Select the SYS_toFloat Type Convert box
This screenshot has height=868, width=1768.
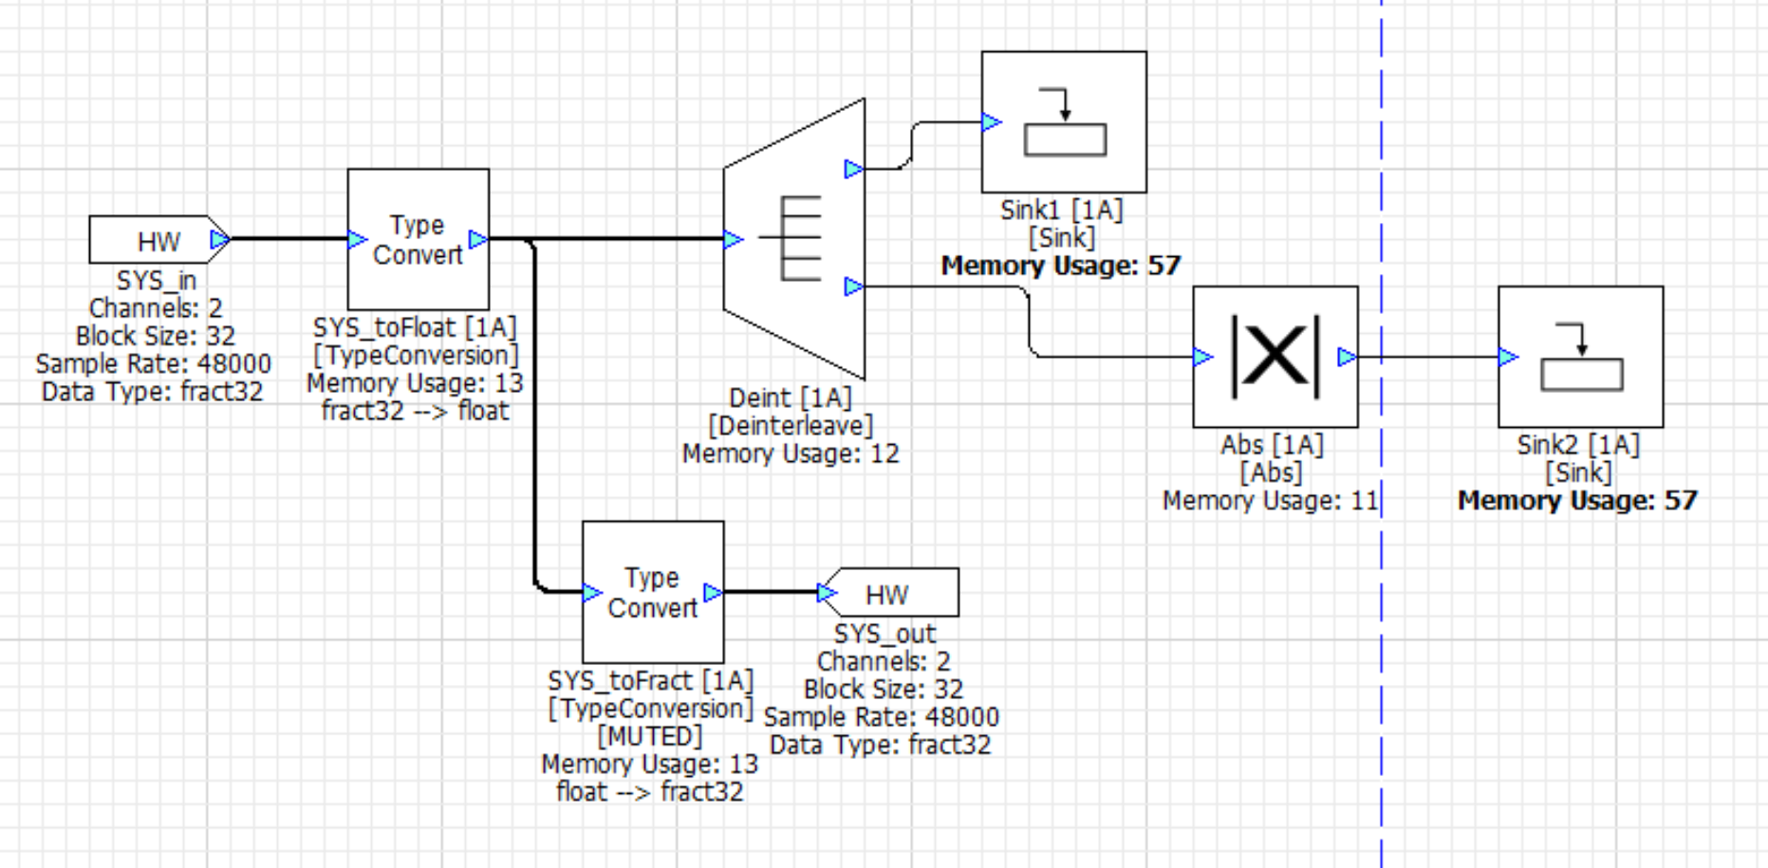coord(418,239)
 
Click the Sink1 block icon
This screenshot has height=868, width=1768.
coord(1064,122)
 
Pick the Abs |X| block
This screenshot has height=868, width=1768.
coord(1275,357)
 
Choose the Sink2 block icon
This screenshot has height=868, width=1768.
coord(1580,357)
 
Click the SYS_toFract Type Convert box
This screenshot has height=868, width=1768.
coord(653,592)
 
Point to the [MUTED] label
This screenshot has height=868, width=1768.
coord(650,736)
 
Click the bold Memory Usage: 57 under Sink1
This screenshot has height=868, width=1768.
coord(1061,266)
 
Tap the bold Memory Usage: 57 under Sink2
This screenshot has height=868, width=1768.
coord(1577,501)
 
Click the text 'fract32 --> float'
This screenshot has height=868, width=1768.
coord(415,411)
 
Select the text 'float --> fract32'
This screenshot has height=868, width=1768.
coord(650,791)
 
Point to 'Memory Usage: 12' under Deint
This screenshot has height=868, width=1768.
coord(791,453)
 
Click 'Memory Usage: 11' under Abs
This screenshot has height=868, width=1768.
coord(1270,501)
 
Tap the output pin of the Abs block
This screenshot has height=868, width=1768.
coord(1347,357)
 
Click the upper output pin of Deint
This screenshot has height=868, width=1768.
coord(853,169)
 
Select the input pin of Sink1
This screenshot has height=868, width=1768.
coord(992,122)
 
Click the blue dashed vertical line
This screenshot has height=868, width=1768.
coord(1382,664)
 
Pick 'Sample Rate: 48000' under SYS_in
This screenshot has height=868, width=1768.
coord(154,363)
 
